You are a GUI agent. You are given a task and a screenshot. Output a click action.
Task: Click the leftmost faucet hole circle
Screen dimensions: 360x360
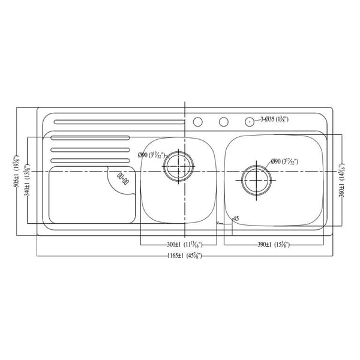pos(197,122)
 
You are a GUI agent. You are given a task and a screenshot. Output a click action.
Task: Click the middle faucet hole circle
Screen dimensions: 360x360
pos(223,122)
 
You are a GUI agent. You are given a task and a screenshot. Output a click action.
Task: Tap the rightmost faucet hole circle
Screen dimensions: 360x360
pos(249,122)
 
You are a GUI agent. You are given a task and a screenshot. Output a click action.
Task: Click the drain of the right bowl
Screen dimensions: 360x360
pos(257,179)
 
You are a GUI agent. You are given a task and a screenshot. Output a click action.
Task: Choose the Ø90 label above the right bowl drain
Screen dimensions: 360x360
pos(284,161)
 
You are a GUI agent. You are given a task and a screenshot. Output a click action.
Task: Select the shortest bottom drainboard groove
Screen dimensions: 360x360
pos(89,160)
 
